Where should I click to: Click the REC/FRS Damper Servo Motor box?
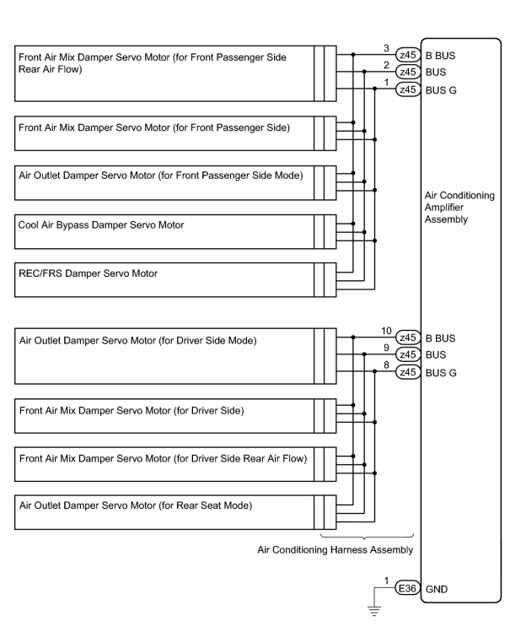pyautogui.click(x=175, y=280)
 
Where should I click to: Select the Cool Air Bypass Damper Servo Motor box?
pyautogui.click(x=175, y=232)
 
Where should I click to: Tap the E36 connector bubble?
pyautogui.click(x=407, y=588)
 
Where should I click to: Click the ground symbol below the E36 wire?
pyautogui.click(x=374, y=611)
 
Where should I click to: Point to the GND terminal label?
pyautogui.click(x=437, y=589)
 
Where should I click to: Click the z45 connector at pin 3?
pyautogui.click(x=408, y=54)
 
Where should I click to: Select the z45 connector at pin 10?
pyautogui.click(x=408, y=338)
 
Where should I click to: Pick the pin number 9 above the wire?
pyautogui.click(x=386, y=348)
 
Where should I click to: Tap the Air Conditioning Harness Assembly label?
pyautogui.click(x=336, y=550)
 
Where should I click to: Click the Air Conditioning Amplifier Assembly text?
pyautogui.click(x=459, y=208)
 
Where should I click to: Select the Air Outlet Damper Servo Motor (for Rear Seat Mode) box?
pyautogui.click(x=175, y=512)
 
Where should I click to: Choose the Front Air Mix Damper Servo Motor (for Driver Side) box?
pyautogui.click(x=175, y=416)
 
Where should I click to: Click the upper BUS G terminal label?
pyautogui.click(x=441, y=90)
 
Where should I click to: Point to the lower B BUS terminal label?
pyautogui.click(x=440, y=338)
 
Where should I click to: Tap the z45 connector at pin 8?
pyautogui.click(x=408, y=371)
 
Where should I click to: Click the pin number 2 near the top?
pyautogui.click(x=386, y=65)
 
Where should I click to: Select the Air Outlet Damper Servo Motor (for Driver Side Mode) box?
pyautogui.click(x=175, y=356)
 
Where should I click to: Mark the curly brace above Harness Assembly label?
pyautogui.click(x=367, y=537)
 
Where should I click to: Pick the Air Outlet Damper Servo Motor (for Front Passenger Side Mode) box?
pyautogui.click(x=175, y=182)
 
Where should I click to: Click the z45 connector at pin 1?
pyautogui.click(x=408, y=89)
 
